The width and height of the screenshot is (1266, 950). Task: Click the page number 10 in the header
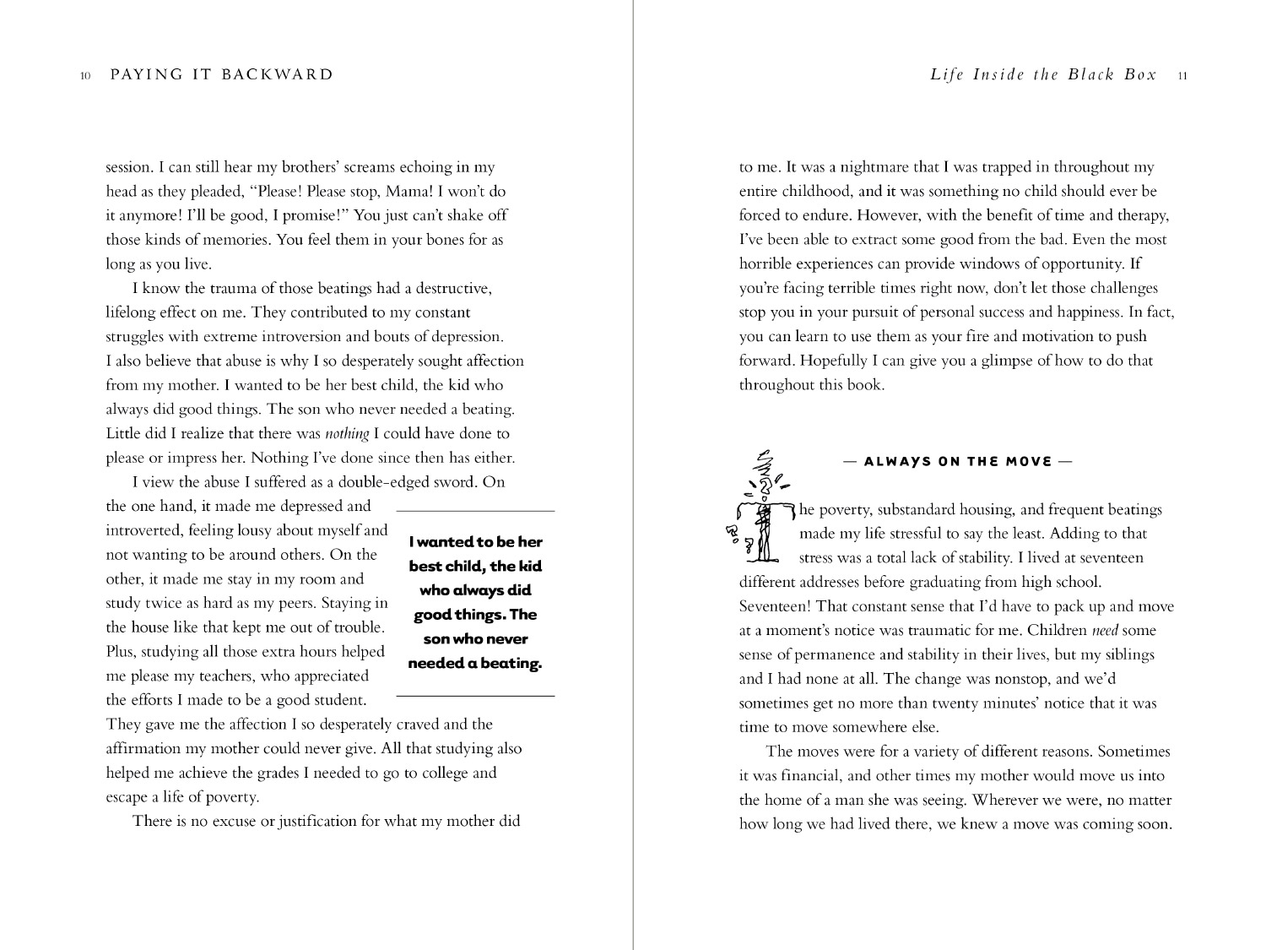pos(85,76)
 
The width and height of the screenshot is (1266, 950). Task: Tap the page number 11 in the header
pos(1182,76)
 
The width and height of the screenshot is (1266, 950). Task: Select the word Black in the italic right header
pos(1090,75)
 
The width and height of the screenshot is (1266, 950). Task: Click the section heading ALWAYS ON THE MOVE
pos(957,462)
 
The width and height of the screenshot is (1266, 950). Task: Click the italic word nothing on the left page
pos(347,434)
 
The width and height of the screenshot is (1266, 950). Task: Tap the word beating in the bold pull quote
pos(511,664)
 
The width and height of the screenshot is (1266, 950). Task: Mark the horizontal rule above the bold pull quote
pos(475,512)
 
